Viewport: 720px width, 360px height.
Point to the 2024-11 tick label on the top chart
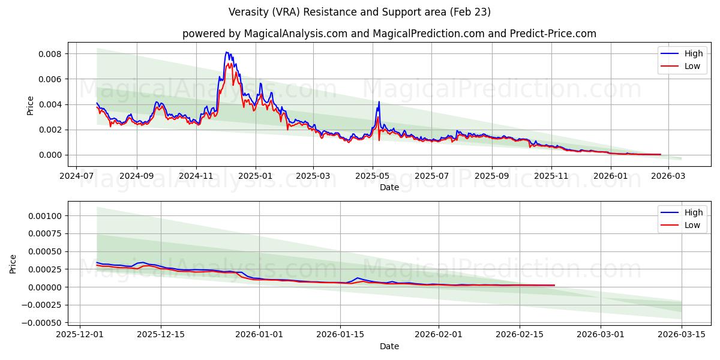coord(196,176)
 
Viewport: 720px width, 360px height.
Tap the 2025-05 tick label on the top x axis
coord(373,176)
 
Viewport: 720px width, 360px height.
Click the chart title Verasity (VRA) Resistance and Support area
coord(359,12)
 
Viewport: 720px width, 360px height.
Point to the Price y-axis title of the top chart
coord(31,105)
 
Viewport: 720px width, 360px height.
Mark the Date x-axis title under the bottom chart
coord(389,346)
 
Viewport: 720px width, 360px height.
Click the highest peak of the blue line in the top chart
coord(227,52)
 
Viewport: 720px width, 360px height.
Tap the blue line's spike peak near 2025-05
coord(379,101)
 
